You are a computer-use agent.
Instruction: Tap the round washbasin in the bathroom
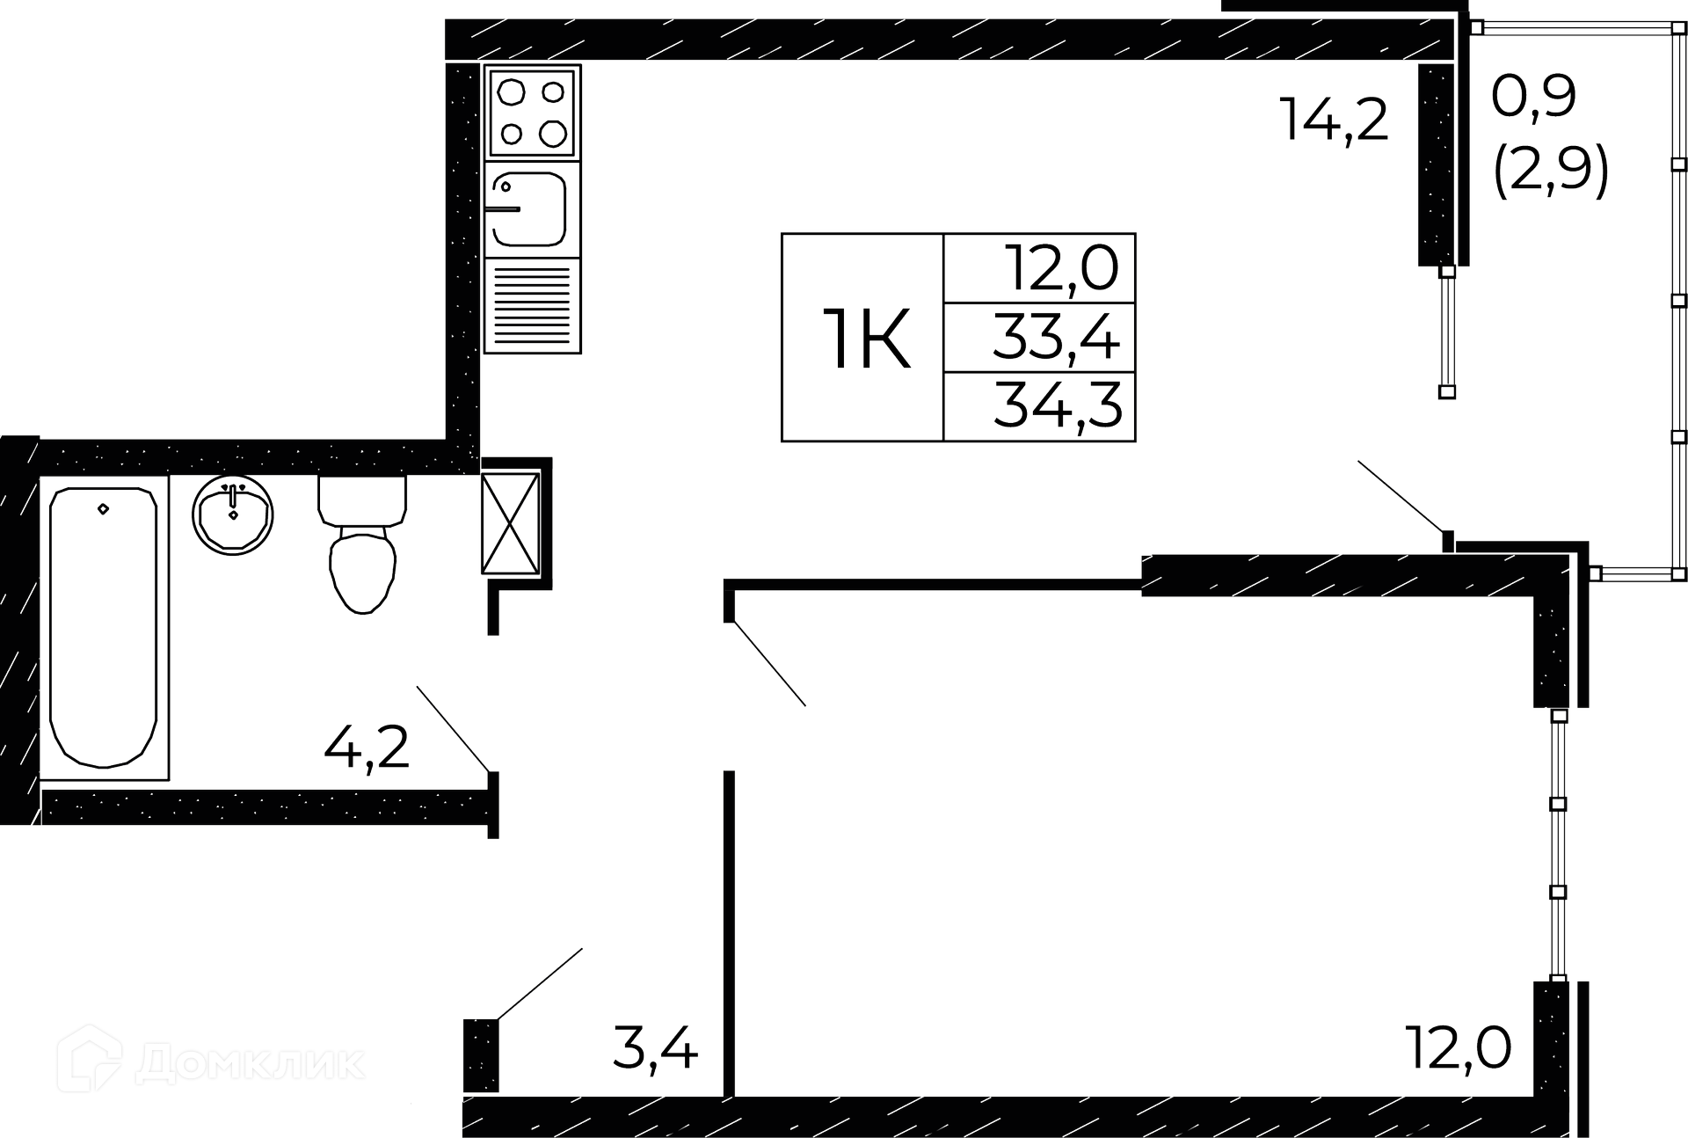tap(233, 515)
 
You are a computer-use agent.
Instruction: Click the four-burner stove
tap(532, 113)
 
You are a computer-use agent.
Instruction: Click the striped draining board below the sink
tap(532, 305)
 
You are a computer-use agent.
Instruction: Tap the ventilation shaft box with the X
tap(510, 523)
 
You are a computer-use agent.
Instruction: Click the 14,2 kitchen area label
tap(1334, 120)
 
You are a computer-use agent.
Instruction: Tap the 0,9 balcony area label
tap(1534, 97)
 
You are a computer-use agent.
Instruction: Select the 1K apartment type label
tap(866, 339)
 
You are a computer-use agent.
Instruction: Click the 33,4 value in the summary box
tap(1057, 338)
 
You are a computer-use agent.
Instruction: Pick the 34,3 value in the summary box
tap(1058, 406)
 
